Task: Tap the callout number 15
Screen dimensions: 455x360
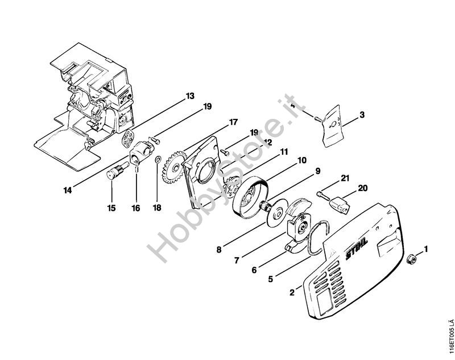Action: coord(111,209)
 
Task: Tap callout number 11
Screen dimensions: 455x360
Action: coord(284,152)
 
